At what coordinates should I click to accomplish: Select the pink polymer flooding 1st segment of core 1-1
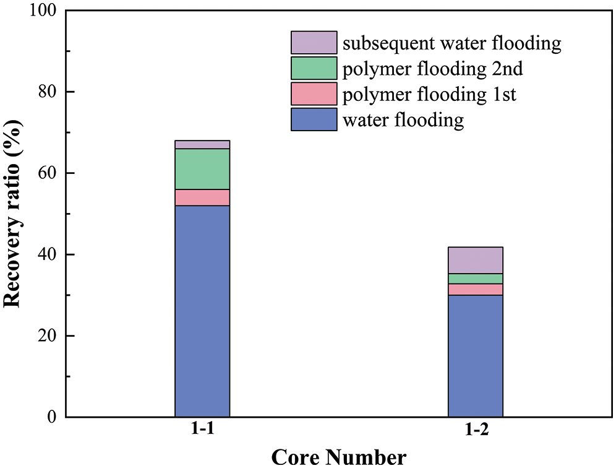pyautogui.click(x=202, y=197)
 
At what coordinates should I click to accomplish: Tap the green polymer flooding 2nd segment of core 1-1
pyautogui.click(x=202, y=169)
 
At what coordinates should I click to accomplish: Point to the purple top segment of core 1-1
pyautogui.click(x=202, y=144)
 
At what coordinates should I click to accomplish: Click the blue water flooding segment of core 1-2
pyautogui.click(x=475, y=355)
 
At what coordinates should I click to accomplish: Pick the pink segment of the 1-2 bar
pyautogui.click(x=475, y=289)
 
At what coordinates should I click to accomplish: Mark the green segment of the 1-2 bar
pyautogui.click(x=475, y=279)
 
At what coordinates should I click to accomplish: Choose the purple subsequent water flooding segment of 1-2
pyautogui.click(x=475, y=260)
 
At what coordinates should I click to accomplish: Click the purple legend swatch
pyautogui.click(x=314, y=43)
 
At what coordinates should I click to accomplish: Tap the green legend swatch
pyautogui.click(x=314, y=68)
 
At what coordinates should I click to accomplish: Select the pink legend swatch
pyautogui.click(x=314, y=93)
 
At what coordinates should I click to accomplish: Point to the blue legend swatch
pyautogui.click(x=314, y=119)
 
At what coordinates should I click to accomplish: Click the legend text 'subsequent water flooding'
pyautogui.click(x=452, y=43)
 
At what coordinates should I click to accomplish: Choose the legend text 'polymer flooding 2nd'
pyautogui.click(x=433, y=69)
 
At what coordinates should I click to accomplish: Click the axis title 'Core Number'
pyautogui.click(x=339, y=457)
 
